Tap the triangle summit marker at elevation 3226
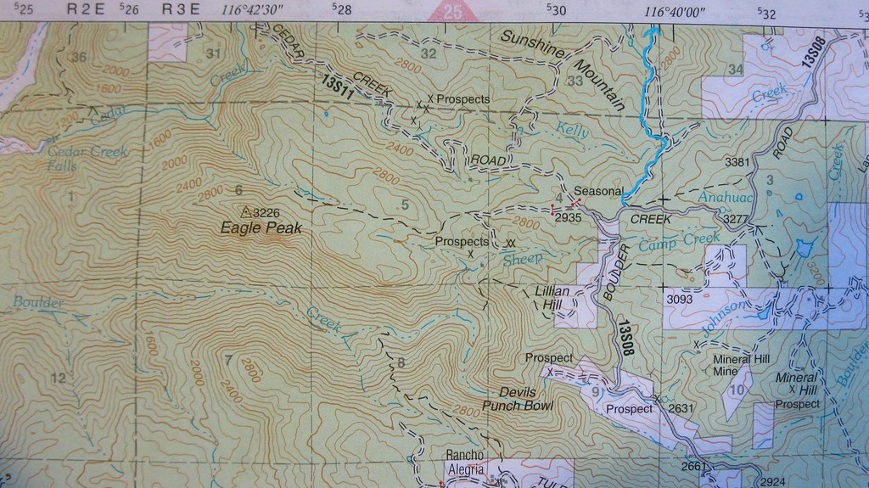click(246, 211)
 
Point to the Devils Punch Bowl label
click(518, 399)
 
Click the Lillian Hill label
click(555, 296)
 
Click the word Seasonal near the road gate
click(598, 190)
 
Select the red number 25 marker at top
click(452, 12)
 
